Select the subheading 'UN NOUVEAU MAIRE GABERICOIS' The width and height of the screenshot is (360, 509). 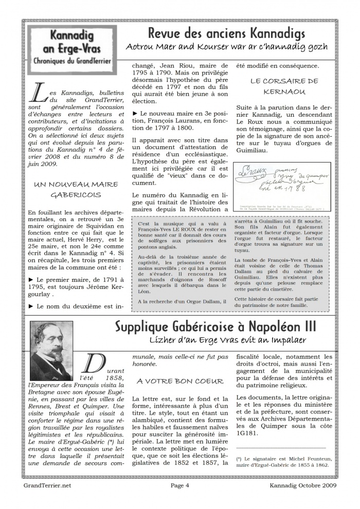tap(76, 189)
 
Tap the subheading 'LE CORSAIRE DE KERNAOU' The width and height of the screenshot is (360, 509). tap(284, 86)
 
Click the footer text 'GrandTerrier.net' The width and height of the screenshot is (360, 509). tap(47, 485)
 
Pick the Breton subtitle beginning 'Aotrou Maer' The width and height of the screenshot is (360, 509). tap(226, 47)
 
